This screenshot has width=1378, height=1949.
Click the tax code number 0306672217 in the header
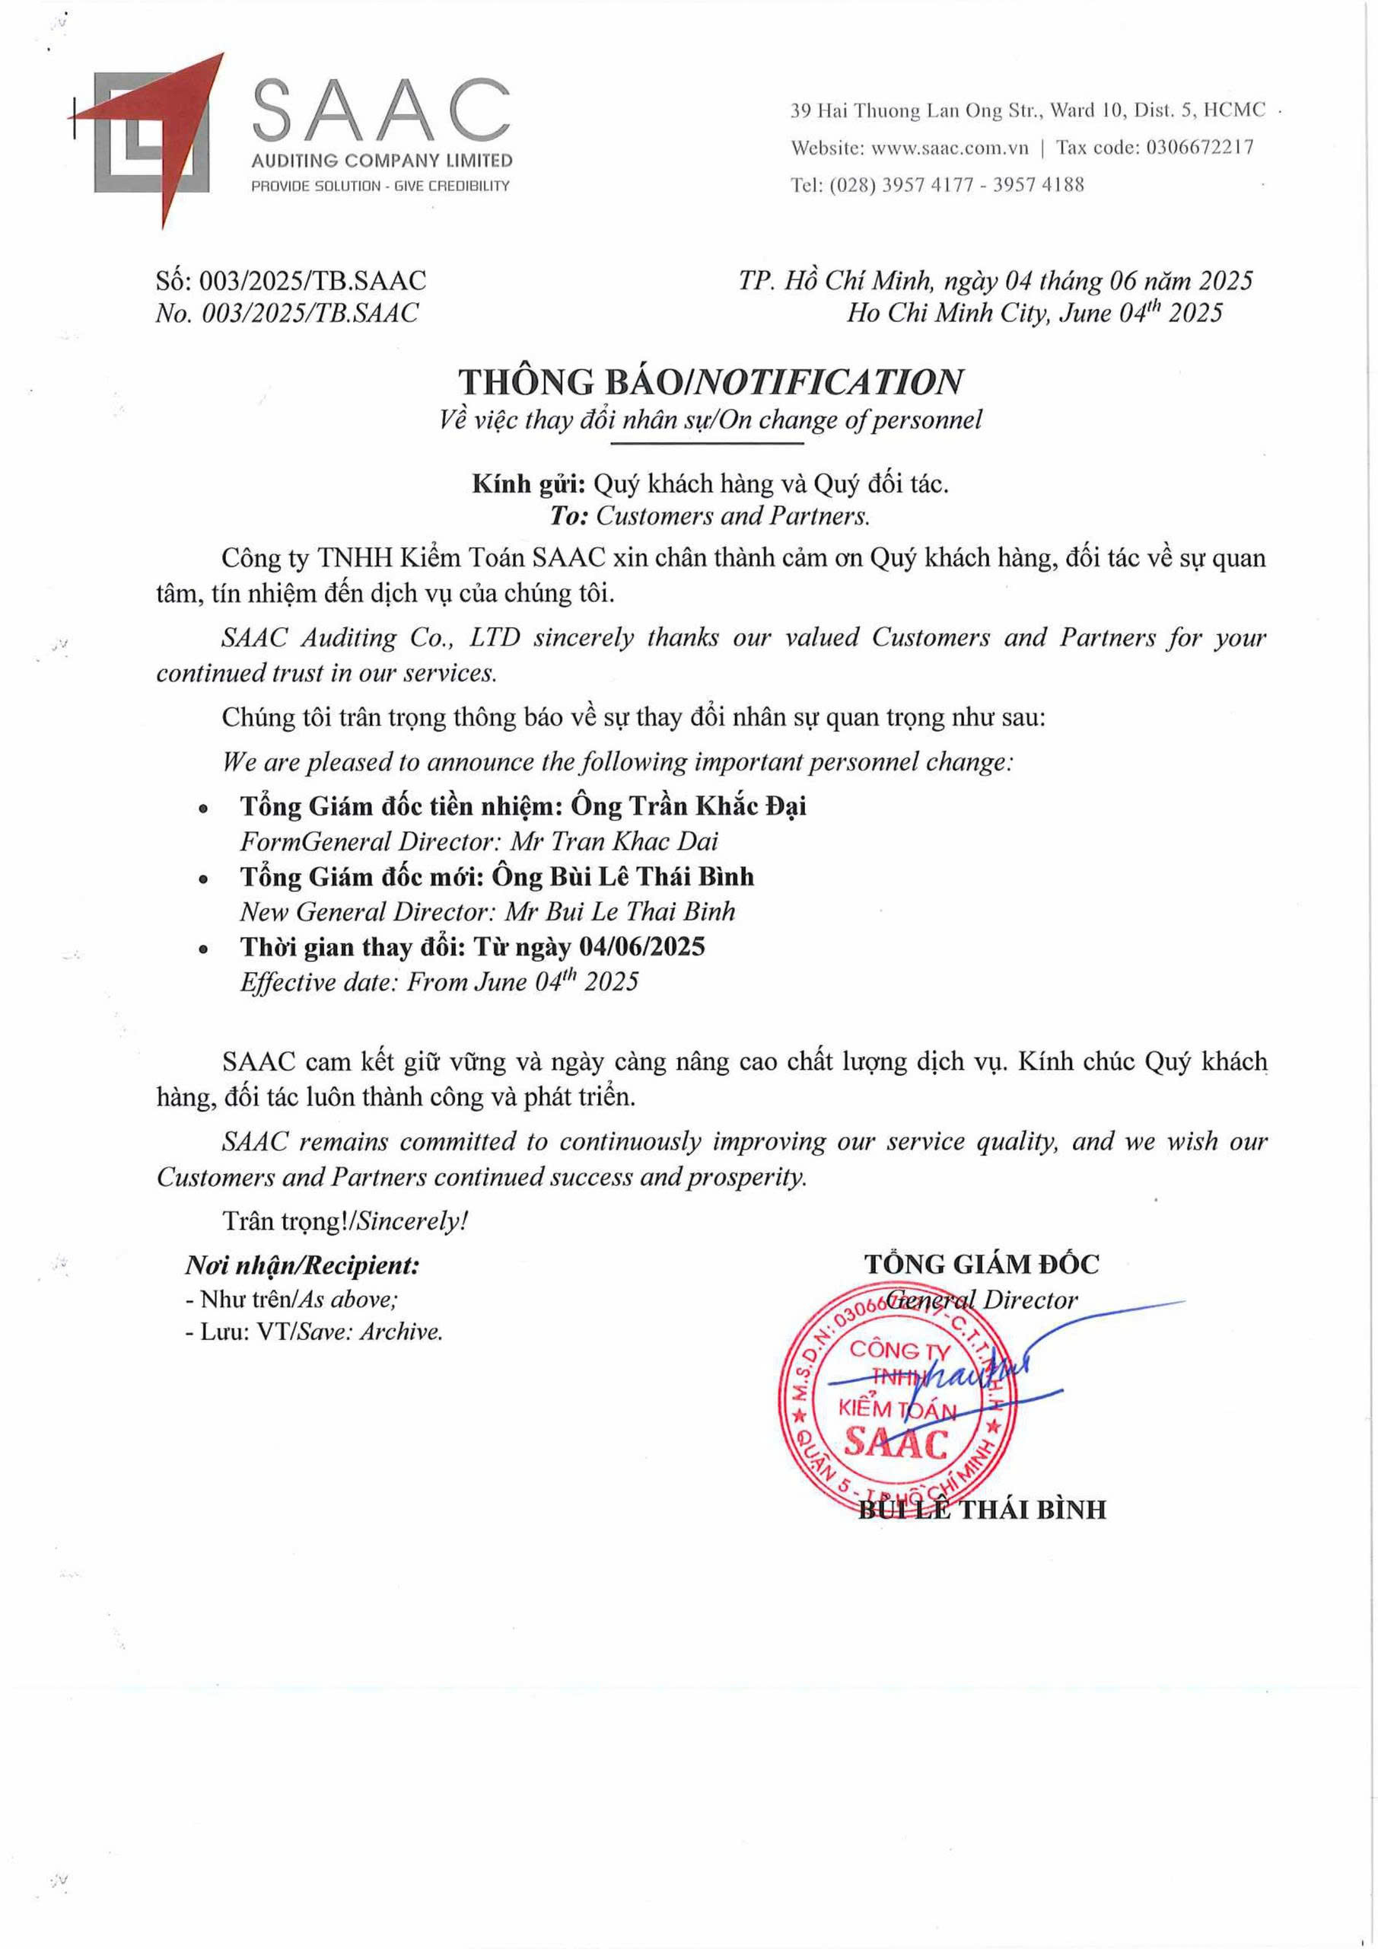coord(1199,148)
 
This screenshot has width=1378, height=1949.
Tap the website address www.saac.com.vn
coord(950,148)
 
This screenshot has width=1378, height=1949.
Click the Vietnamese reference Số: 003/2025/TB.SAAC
coord(291,280)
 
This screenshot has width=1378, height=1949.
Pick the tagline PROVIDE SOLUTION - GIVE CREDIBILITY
coord(380,186)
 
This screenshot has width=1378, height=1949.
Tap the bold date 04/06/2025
coord(641,946)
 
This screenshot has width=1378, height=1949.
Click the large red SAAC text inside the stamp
coord(897,1445)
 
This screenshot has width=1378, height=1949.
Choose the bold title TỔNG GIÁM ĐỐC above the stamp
coord(981,1264)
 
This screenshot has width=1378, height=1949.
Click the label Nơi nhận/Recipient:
coord(302,1265)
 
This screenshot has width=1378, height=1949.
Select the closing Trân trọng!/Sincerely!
coord(345,1220)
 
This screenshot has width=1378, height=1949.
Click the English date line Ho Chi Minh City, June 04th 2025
coord(1033,313)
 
